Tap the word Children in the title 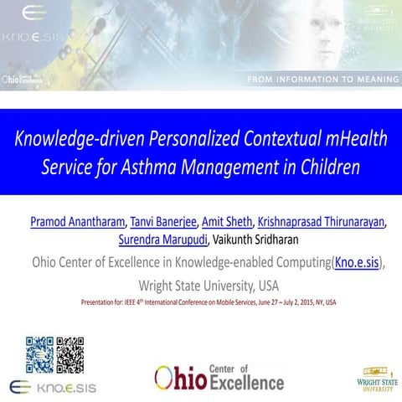click(x=330, y=165)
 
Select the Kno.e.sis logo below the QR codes click(x=55, y=387)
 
